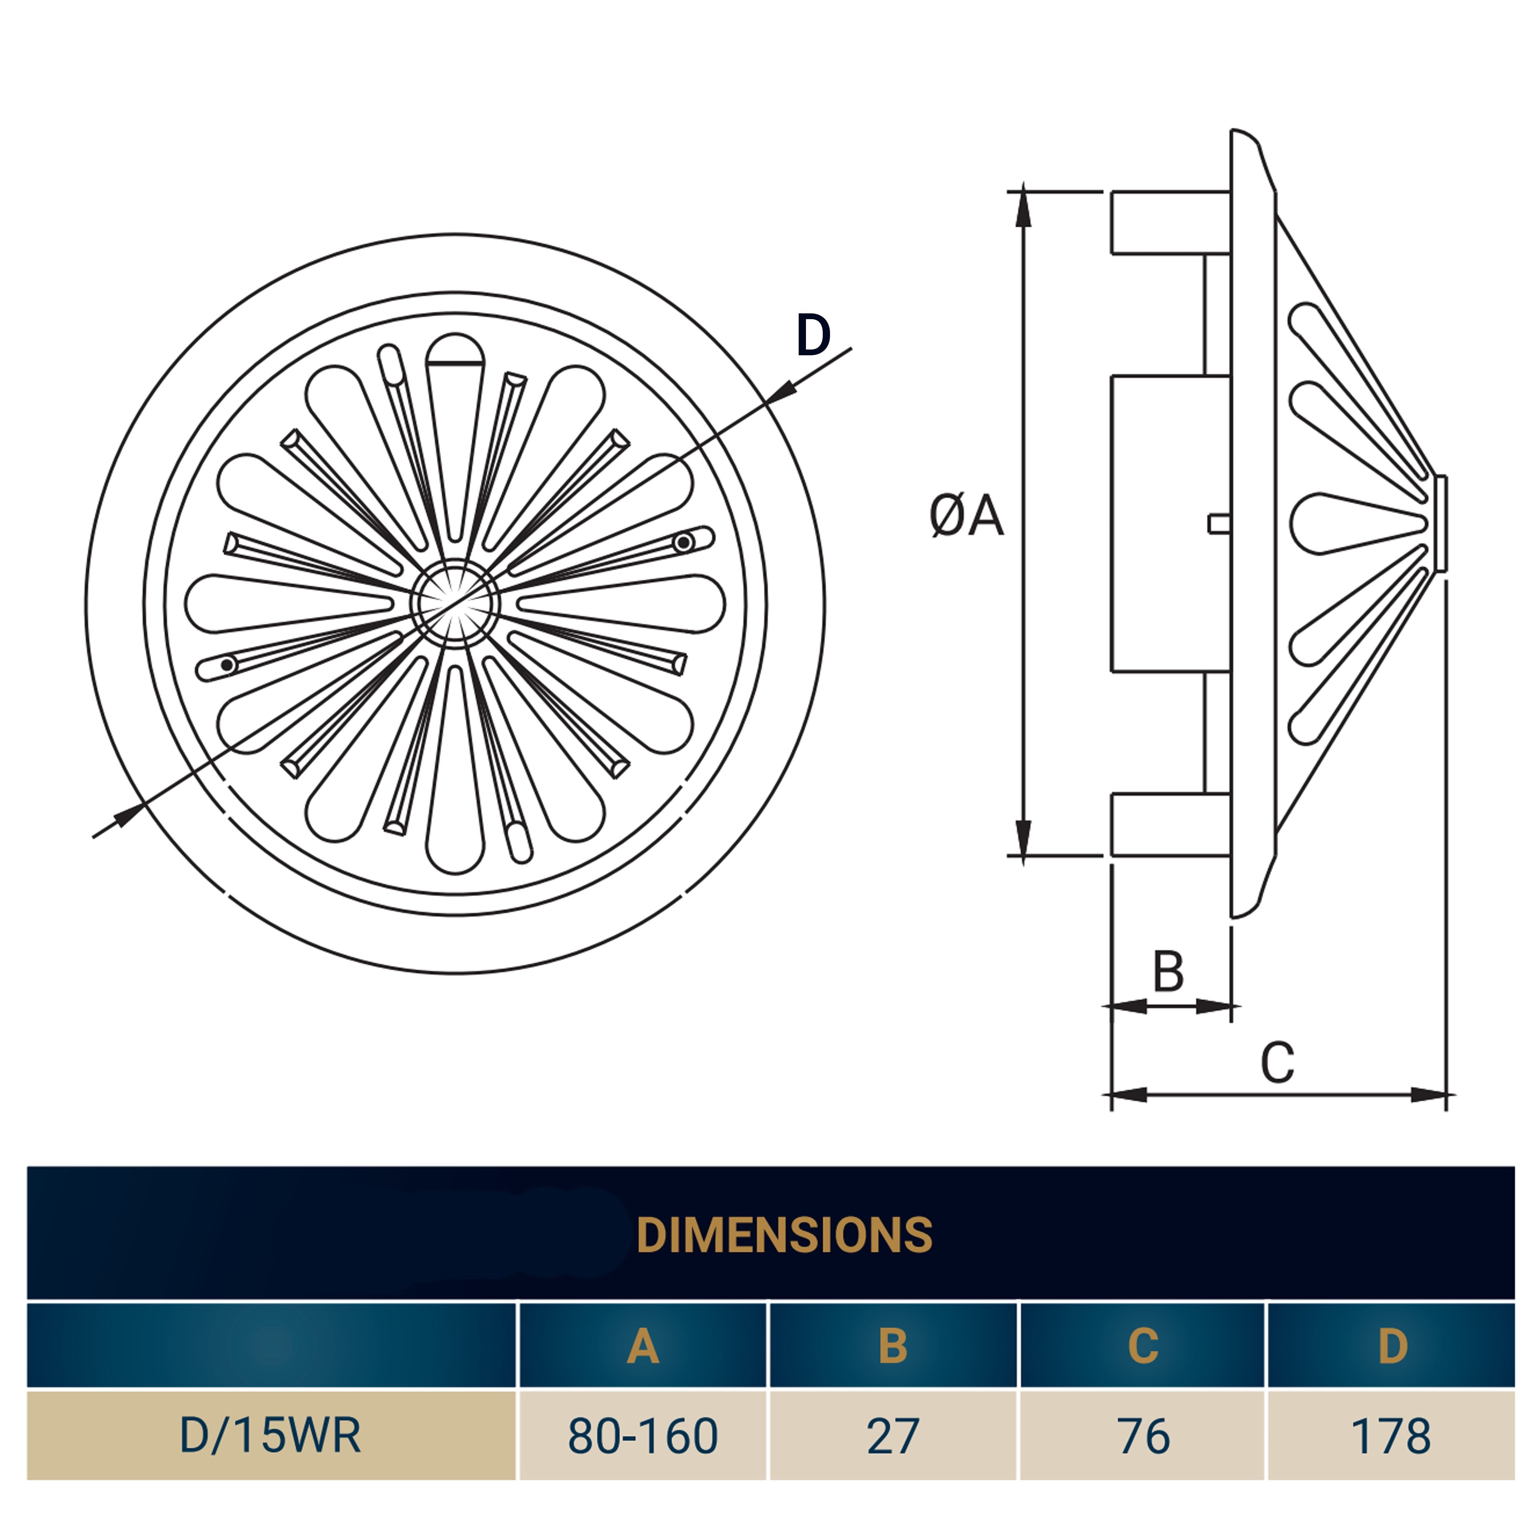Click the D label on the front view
pyautogui.click(x=813, y=335)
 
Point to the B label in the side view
pyautogui.click(x=1168, y=971)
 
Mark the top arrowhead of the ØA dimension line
pyautogui.click(x=1024, y=208)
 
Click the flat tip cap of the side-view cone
pyautogui.click(x=1441, y=523)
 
